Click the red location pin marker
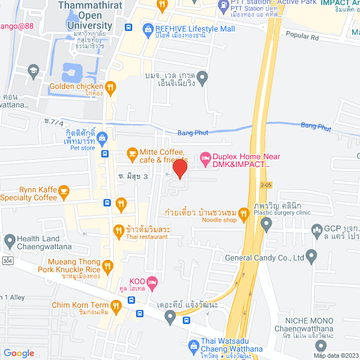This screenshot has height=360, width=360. (x=179, y=169)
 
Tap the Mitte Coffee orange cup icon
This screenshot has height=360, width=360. (x=132, y=152)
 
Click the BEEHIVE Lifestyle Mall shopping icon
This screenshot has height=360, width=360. (x=148, y=28)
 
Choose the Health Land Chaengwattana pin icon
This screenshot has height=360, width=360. (x=9, y=241)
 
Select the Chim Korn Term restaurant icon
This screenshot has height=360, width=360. (x=116, y=307)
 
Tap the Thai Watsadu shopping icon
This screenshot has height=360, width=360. (x=194, y=344)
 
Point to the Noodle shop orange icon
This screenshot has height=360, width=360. (x=243, y=213)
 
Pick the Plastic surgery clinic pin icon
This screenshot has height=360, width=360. (x=267, y=224)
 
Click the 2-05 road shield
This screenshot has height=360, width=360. (x=266, y=184)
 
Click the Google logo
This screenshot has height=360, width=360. (x=19, y=353)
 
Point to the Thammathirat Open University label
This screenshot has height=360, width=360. (x=89, y=15)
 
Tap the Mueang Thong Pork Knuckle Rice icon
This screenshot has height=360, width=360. (x=110, y=264)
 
